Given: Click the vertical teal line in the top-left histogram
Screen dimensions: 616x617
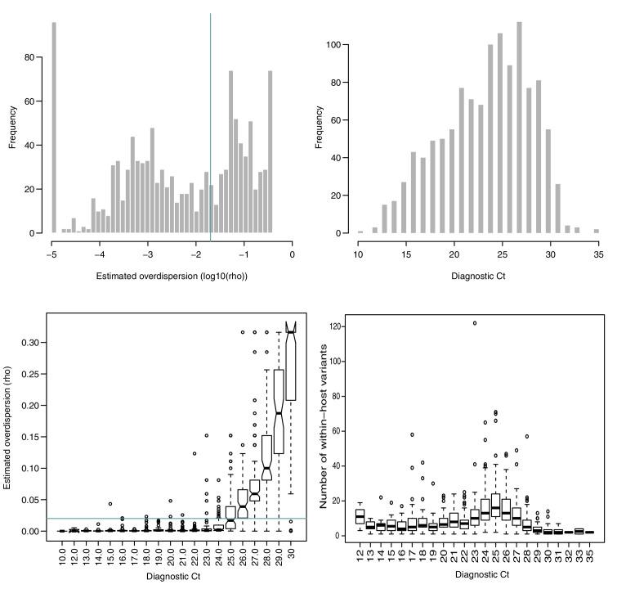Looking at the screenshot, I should point(211,123).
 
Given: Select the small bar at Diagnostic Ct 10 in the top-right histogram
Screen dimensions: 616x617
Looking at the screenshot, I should point(360,232).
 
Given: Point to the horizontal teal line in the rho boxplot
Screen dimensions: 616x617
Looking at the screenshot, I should point(163,518).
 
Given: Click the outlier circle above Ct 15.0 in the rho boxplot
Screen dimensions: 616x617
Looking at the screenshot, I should point(109,504).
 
